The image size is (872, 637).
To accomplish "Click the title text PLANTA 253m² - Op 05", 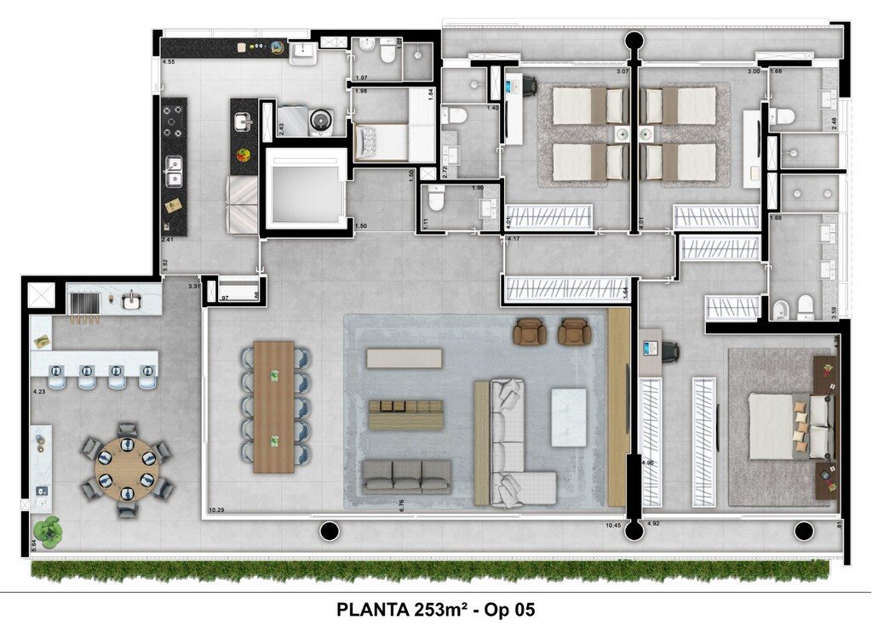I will tap(436, 610).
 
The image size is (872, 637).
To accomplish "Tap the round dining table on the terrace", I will tap(126, 469).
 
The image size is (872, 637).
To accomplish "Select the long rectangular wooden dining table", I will tap(273, 407).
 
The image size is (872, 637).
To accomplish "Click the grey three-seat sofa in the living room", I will tap(406, 477).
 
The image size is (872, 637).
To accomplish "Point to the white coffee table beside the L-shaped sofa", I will tap(569, 417).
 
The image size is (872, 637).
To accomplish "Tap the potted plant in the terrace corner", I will tap(49, 529).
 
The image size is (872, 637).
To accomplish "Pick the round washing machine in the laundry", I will tap(321, 121).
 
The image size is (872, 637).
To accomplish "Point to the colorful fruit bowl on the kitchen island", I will tap(244, 156).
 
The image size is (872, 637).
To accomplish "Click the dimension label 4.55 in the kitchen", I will tap(169, 62).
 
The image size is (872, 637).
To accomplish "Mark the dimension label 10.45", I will tap(612, 525).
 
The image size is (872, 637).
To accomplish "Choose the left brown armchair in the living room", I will tap(531, 331).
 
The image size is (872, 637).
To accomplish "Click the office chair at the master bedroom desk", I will tap(670, 350).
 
